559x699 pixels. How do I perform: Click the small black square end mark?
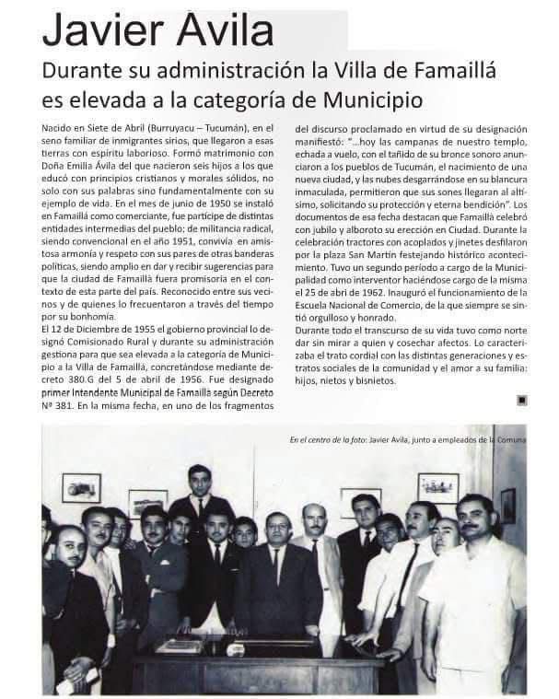pyautogui.click(x=521, y=399)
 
